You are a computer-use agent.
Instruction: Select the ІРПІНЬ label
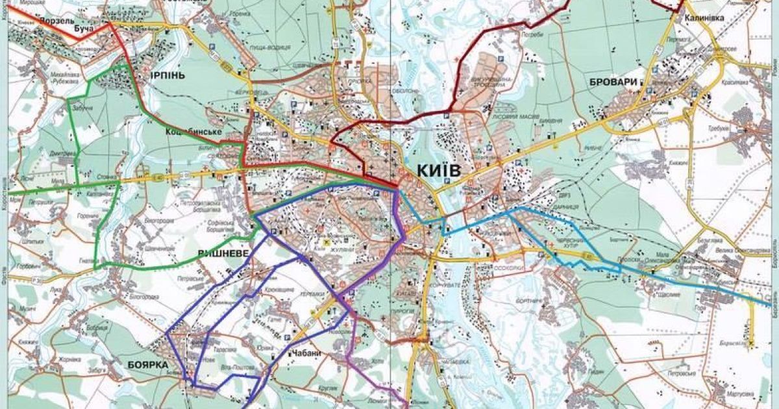(x=167, y=75)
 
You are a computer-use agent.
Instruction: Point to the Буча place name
(x=84, y=29)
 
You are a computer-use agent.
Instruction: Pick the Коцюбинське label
(x=194, y=132)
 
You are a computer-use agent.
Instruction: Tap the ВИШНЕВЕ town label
(x=223, y=253)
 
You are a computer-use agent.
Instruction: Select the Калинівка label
(x=704, y=18)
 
